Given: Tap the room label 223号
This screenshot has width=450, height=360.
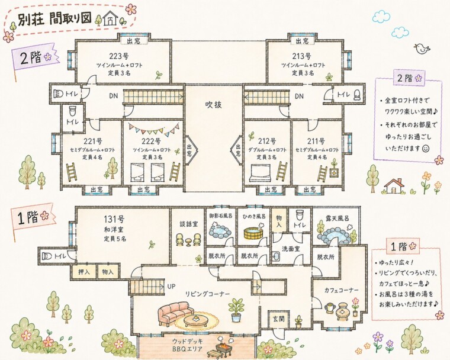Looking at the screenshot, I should point(119,56).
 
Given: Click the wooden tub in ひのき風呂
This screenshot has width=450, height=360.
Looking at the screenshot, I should point(253,232).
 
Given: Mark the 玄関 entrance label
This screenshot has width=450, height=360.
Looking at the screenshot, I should point(278,319).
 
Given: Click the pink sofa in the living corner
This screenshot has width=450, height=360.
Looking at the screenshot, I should point(175,311).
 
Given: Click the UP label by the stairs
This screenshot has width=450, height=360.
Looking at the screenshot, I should point(171,286).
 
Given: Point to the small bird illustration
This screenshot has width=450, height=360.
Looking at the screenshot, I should point(423,48).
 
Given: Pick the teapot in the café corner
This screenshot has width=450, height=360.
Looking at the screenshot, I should point(327,307).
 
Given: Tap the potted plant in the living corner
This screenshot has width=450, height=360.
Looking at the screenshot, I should point(237,308).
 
